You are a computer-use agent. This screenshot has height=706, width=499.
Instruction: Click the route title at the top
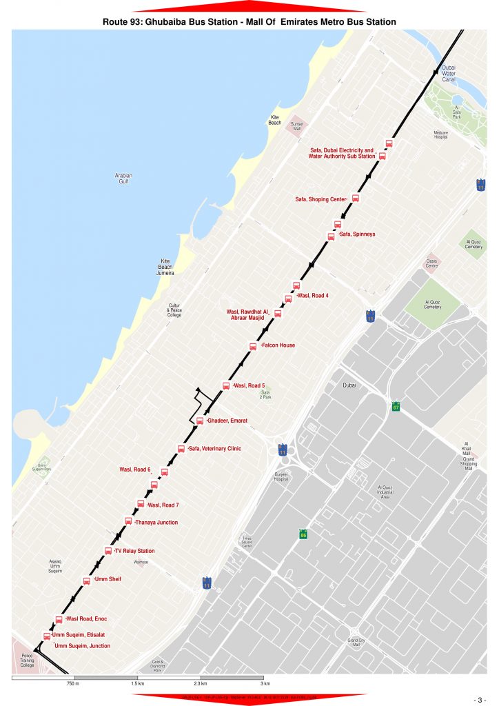[x=249, y=22]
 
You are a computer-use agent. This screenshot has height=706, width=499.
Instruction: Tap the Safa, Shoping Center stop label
[x=320, y=199]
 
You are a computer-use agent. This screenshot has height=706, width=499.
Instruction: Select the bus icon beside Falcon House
[x=253, y=346]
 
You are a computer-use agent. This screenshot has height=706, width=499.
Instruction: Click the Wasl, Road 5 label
[x=249, y=385]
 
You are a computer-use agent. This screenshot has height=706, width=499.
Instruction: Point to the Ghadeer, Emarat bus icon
[x=200, y=421]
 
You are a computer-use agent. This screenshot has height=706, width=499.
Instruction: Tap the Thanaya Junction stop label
[x=156, y=523]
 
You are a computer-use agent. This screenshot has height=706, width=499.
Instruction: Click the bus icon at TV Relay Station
[x=108, y=550]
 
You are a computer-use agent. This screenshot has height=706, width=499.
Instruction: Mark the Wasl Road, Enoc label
[x=86, y=618]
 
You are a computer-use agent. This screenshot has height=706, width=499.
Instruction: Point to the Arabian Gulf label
[x=123, y=179]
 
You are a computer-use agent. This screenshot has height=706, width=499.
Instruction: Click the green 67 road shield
[x=396, y=406]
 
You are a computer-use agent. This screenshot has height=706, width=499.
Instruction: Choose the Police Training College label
[x=27, y=660]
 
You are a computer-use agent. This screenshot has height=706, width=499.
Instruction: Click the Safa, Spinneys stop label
[x=357, y=234]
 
